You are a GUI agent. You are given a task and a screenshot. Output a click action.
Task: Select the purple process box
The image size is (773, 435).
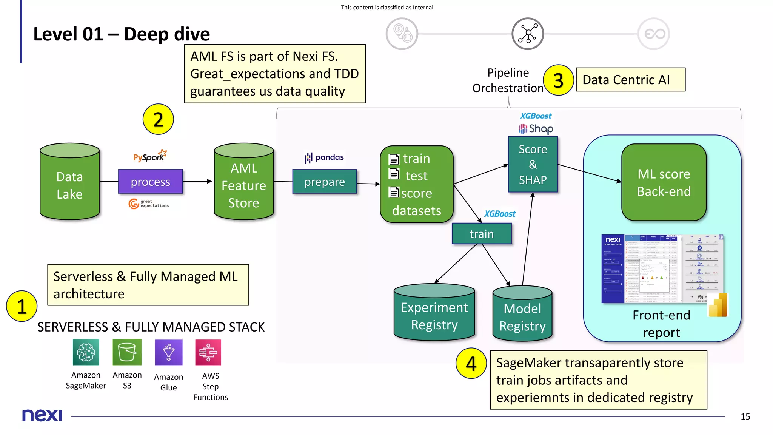tap(150, 182)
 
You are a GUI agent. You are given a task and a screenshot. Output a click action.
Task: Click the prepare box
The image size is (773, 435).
tap(325, 182)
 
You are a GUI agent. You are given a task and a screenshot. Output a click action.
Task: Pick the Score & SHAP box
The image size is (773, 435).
tap(533, 165)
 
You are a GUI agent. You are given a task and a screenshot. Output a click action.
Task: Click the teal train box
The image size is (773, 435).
tap(482, 234)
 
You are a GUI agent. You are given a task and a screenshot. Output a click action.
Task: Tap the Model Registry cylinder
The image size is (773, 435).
tap(522, 315)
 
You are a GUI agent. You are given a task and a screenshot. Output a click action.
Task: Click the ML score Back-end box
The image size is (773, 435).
tap(664, 182)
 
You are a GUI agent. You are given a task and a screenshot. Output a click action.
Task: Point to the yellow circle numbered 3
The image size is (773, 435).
tap(558, 80)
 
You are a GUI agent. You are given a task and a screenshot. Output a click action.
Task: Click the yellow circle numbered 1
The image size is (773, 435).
tap(22, 306)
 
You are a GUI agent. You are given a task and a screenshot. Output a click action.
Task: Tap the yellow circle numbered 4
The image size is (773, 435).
tap(471, 364)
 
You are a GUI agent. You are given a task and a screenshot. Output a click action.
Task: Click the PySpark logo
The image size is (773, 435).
tap(150, 156)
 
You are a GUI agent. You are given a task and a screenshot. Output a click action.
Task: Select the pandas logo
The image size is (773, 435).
tap(325, 157)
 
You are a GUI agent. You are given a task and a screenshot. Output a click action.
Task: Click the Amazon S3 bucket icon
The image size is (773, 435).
tap(127, 352)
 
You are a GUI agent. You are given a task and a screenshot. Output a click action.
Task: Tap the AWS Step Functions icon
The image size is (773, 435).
tap(208, 352)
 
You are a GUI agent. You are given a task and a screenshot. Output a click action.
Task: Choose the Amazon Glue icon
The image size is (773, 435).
tap(168, 352)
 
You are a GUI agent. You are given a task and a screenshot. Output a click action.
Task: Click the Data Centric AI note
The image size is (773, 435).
tap(630, 80)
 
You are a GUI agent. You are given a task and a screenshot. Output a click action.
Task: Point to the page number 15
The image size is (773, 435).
tap(745, 416)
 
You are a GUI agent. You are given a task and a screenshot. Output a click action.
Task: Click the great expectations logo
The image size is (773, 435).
tap(148, 204)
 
